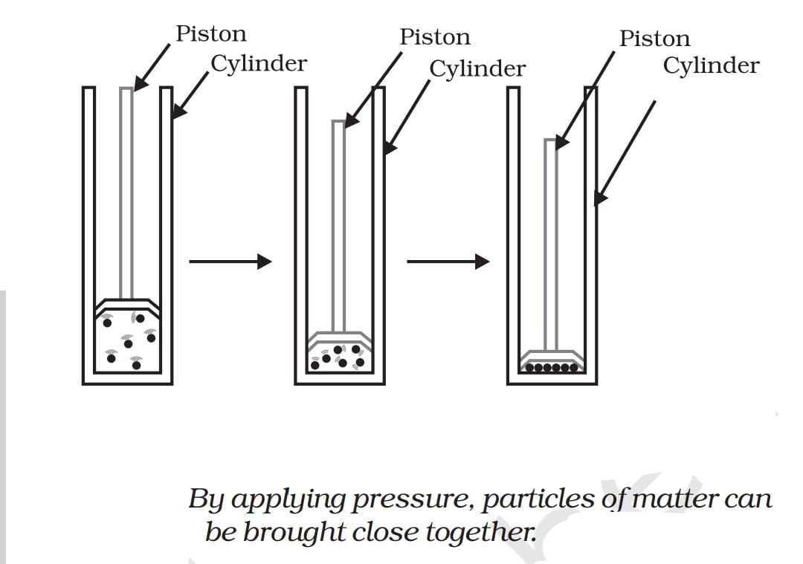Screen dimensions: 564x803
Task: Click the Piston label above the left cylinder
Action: tap(210, 34)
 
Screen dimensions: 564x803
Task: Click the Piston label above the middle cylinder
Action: tap(435, 37)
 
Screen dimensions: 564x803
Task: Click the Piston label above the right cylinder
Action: tap(654, 39)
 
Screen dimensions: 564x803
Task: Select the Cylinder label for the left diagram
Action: tap(258, 64)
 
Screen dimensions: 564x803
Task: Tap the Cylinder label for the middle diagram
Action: tap(477, 68)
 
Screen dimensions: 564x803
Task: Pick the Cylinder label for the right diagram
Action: tap(711, 65)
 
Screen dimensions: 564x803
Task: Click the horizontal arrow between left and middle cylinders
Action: tap(230, 261)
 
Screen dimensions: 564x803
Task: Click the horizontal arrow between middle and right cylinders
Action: tap(448, 261)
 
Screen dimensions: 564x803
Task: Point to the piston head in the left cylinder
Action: tap(127, 305)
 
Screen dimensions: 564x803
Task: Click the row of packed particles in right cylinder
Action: tap(551, 367)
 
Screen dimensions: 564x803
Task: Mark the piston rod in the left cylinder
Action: tap(127, 193)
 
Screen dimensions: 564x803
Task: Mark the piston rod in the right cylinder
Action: tap(551, 245)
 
